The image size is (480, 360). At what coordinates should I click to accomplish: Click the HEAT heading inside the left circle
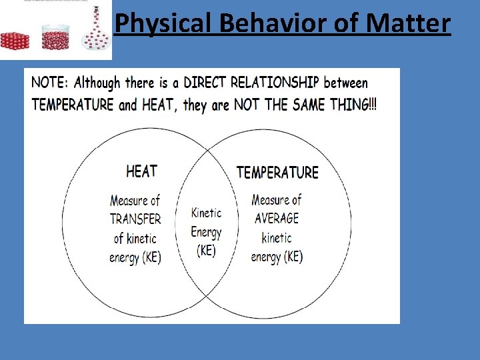(141, 171)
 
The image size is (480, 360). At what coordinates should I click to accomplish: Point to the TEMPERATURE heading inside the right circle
(277, 173)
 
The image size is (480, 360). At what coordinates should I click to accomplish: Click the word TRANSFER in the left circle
(135, 219)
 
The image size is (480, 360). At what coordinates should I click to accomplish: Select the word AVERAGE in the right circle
(277, 219)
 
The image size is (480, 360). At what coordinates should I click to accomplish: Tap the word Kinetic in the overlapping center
(206, 213)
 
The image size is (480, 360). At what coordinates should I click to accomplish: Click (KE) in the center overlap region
(206, 251)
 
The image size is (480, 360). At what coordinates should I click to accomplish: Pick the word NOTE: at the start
(51, 83)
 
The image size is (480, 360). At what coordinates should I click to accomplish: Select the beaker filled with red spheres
(55, 38)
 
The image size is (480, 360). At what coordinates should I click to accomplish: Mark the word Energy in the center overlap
(206, 232)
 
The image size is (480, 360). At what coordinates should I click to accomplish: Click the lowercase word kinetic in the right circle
(277, 238)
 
